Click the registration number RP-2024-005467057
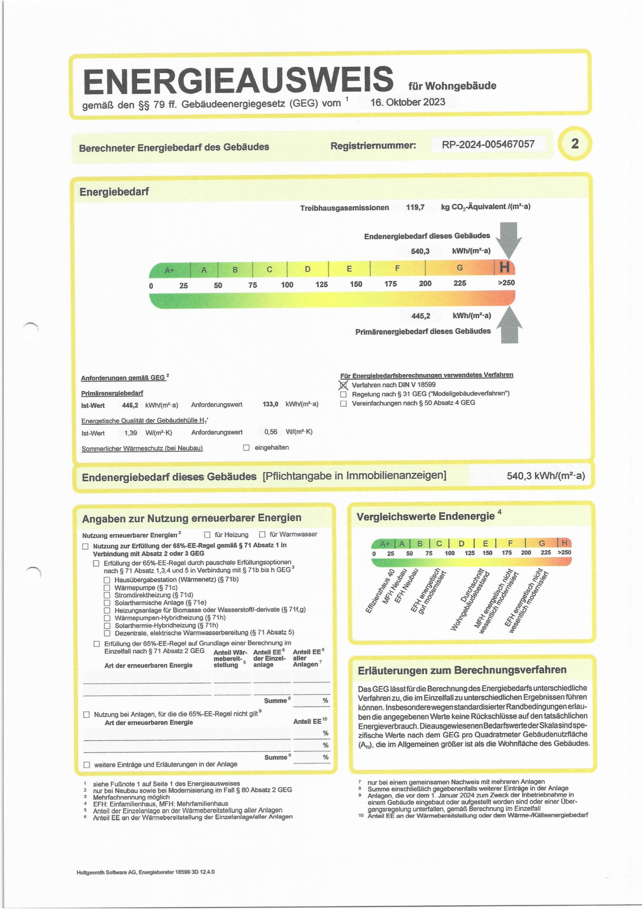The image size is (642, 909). coord(488,144)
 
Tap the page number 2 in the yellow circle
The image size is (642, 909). coord(575,143)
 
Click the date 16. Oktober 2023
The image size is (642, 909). coord(408,102)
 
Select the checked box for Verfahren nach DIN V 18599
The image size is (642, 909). coord(343,385)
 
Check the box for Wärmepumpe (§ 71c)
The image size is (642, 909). coord(107,588)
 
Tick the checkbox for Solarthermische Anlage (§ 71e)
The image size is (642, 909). coord(107,603)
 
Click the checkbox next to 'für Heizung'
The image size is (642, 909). coord(207,535)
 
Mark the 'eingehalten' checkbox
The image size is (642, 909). coord(246,448)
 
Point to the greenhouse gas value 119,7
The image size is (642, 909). coord(415,207)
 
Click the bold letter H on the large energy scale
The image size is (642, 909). coord(504,268)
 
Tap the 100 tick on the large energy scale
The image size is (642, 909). coord(287,285)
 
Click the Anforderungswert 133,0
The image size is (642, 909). coord(270,404)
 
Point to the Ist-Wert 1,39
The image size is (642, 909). coord(131,433)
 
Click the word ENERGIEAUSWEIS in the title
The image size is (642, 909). coord(238,81)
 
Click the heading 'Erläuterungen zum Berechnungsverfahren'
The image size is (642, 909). coord(462,670)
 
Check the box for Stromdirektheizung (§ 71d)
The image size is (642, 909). coord(107,595)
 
